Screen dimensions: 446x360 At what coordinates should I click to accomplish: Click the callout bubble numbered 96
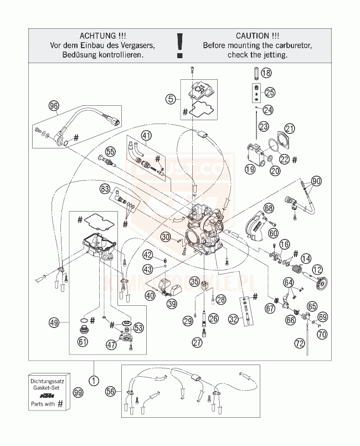(x=54, y=106)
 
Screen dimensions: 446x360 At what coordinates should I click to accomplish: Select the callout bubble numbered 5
(x=171, y=99)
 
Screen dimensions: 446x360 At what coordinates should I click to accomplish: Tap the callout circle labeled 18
(x=266, y=73)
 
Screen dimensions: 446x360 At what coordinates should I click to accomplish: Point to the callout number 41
(x=146, y=135)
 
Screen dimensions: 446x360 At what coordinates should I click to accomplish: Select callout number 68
(x=269, y=208)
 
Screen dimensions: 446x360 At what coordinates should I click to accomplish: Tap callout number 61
(x=83, y=342)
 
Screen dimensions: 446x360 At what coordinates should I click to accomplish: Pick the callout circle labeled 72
(x=300, y=344)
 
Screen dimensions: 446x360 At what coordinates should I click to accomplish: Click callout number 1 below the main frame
(x=94, y=381)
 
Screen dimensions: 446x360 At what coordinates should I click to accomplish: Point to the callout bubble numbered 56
(x=111, y=391)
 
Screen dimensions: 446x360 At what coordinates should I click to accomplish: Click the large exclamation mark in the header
(x=179, y=44)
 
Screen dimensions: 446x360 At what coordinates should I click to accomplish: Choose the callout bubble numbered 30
(x=166, y=237)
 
